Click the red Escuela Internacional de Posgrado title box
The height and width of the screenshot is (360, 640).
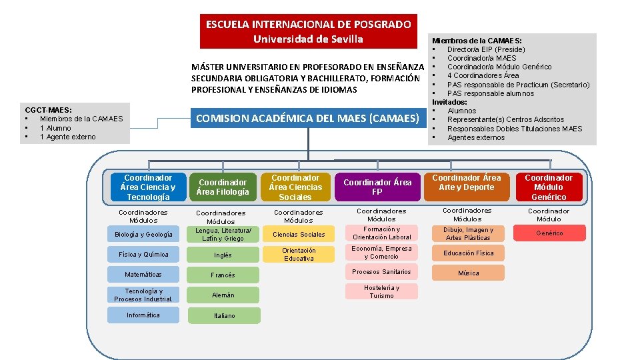tap(308, 31)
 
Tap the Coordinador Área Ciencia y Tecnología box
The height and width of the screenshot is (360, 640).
tap(148, 187)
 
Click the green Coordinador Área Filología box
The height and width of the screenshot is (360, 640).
tap(223, 187)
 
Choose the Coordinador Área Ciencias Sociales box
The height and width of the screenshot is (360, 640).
tap(295, 187)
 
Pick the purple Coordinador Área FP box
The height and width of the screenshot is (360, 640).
tap(377, 187)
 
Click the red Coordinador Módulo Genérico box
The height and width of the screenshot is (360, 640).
tap(549, 187)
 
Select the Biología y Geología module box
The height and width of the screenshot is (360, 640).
tap(143, 235)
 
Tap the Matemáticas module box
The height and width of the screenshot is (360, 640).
tap(143, 275)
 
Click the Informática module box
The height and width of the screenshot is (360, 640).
tap(143, 315)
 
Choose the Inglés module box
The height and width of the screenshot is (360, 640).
tap(223, 255)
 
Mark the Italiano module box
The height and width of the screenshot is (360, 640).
tap(223, 316)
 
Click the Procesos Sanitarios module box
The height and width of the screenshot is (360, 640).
tap(382, 272)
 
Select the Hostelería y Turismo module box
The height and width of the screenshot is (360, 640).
tap(382, 292)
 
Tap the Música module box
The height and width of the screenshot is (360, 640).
tap(468, 273)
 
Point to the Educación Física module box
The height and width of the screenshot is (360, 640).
tap(468, 253)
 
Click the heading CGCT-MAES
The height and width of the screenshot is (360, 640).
tap(49, 110)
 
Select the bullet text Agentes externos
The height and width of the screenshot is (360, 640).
tap(476, 138)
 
